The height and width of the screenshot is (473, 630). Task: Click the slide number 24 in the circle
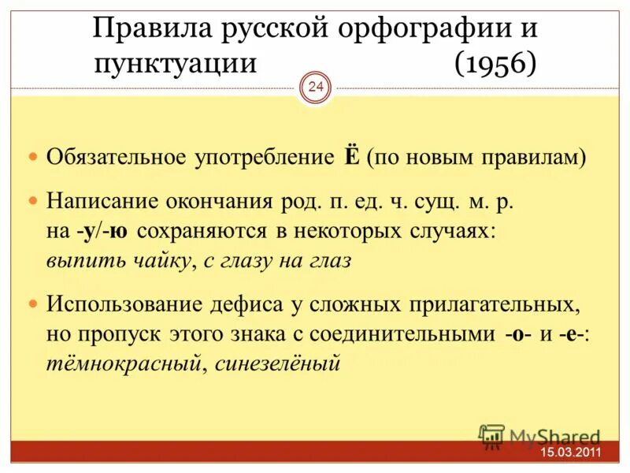coord(316,88)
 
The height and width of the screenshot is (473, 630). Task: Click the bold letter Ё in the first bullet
coord(351,156)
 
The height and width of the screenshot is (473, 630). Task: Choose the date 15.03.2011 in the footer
coord(571,453)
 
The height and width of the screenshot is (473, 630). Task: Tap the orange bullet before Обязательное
coord(33,157)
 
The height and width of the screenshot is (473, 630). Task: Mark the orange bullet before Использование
coord(33,304)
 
